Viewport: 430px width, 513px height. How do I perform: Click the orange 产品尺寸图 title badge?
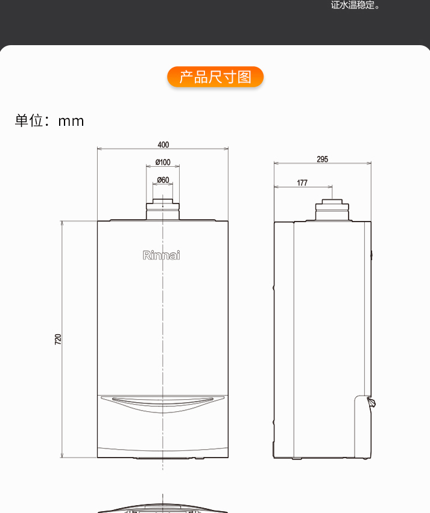click(215, 77)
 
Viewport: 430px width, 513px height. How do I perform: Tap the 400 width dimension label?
click(163, 145)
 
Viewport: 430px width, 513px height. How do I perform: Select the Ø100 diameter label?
click(163, 163)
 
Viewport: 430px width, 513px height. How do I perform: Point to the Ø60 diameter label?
click(163, 180)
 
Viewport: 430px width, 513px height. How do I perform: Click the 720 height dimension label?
click(58, 339)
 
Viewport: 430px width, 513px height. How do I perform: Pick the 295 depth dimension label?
click(323, 159)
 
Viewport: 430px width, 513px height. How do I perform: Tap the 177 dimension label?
click(302, 182)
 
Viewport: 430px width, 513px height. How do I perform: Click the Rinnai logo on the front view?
click(161, 255)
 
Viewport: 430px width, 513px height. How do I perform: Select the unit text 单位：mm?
click(49, 121)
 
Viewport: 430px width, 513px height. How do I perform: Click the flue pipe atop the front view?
click(163, 210)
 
